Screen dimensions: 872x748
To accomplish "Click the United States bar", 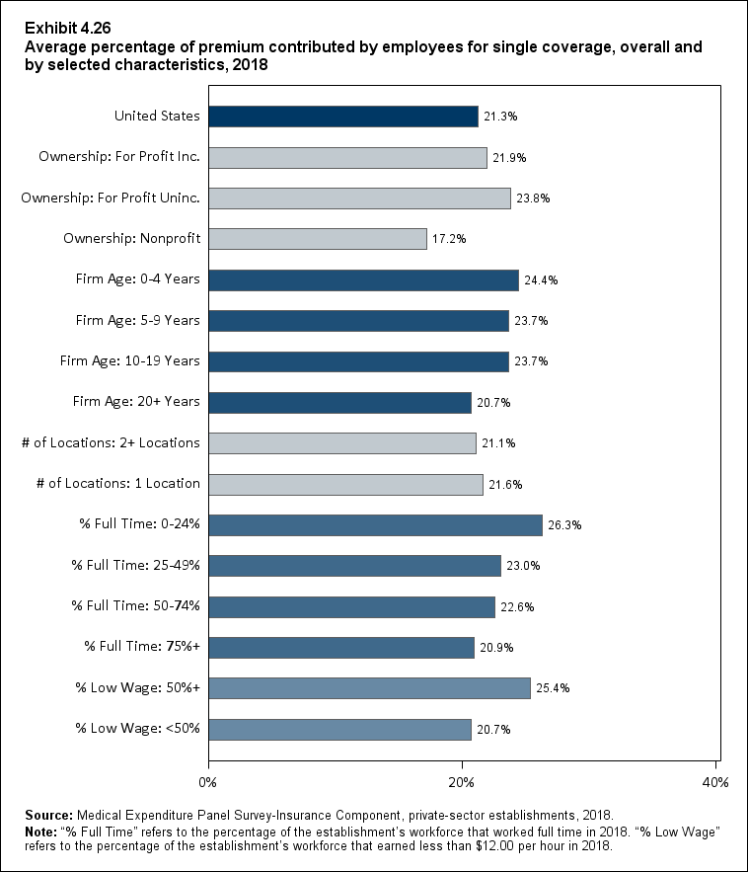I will pyautogui.click(x=343, y=117).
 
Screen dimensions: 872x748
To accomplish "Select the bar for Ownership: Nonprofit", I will pyautogui.click(x=318, y=239).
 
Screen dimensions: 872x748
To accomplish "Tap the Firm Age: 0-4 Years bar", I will pyautogui.click(x=363, y=280).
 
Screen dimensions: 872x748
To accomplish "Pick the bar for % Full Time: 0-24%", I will pyautogui.click(x=375, y=525).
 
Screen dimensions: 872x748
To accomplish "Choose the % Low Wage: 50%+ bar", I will pyautogui.click(x=369, y=688).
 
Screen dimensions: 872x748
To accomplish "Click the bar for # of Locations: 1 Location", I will pyautogui.click(x=345, y=484).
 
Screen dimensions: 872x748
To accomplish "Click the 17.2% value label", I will pyautogui.click(x=449, y=239).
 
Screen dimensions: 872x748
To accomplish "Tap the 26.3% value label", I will pyautogui.click(x=564, y=525).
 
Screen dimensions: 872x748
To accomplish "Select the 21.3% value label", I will pyautogui.click(x=500, y=117).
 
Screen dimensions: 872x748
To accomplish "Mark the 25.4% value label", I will pyautogui.click(x=553, y=688).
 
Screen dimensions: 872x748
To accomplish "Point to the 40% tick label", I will pyautogui.click(x=714, y=782).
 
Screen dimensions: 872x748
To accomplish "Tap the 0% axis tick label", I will pyautogui.click(x=208, y=782).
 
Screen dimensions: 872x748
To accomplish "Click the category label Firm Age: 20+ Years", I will pyautogui.click(x=137, y=402).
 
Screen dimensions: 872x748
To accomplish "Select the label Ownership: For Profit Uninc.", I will pyautogui.click(x=111, y=198).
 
